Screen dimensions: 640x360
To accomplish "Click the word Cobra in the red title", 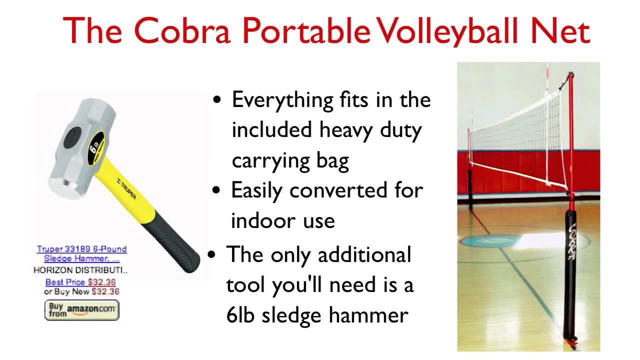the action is [x=181, y=30].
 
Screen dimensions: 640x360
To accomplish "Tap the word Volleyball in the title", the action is [x=447, y=31].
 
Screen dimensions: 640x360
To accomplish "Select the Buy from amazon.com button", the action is [x=81, y=310].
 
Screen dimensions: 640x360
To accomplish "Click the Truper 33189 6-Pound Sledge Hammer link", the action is [x=81, y=253].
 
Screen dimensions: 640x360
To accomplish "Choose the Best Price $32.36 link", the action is [x=80, y=282].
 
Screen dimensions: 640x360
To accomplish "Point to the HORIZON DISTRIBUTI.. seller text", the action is [x=80, y=270].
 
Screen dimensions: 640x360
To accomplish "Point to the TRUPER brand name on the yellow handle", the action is [x=126, y=189].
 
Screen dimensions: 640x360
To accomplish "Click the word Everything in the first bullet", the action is [x=282, y=100].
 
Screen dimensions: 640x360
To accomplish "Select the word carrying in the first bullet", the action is [x=271, y=161].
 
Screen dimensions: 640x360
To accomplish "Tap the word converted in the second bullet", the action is [x=338, y=190].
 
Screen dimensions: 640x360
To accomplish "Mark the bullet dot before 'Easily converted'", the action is [x=216, y=190].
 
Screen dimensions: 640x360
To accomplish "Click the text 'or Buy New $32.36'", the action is [x=81, y=291].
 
